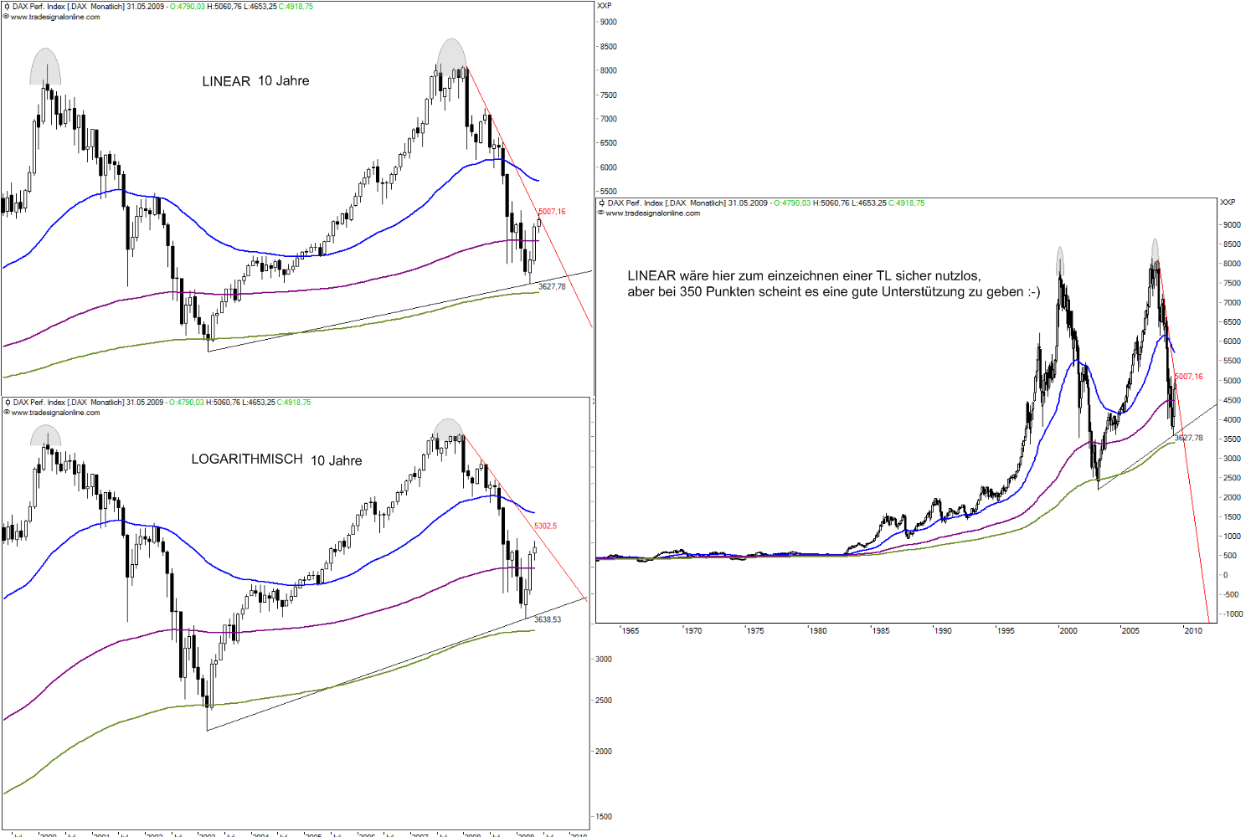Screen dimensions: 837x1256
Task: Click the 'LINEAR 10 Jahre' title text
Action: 255,81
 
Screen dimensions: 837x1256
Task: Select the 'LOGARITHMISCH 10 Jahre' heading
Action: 276,460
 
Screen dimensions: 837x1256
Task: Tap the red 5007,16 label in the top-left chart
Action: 552,212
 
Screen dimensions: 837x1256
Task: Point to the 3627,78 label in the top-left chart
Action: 552,286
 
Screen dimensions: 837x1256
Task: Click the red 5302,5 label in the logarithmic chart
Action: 545,526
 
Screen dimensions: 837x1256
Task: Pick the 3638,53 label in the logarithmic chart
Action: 548,619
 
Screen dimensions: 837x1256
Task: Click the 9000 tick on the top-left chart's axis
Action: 609,23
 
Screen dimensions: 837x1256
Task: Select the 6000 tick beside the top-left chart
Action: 609,167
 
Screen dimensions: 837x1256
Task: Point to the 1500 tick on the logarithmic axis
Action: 603,816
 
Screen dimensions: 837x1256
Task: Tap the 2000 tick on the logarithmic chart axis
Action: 603,751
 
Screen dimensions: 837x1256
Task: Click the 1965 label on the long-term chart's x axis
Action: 630,631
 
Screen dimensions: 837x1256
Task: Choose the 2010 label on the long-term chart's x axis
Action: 1192,631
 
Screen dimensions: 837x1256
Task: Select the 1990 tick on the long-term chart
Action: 943,631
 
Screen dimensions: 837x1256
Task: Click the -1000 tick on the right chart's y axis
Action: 1232,614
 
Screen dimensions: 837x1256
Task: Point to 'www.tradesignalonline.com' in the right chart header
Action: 652,213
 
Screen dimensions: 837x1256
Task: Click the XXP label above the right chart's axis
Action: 1228,203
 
